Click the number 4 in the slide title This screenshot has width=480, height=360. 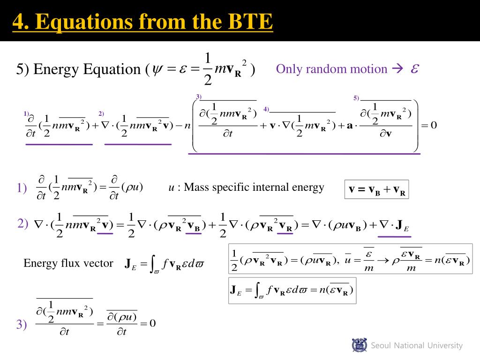pos(17,22)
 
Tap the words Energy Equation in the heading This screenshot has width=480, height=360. pos(86,69)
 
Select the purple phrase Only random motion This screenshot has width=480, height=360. pos(331,69)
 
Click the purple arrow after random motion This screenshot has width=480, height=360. pos(397,69)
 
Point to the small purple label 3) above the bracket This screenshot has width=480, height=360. pos(199,97)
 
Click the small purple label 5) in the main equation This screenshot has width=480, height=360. pos(356,98)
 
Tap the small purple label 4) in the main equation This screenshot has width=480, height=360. pos(266,109)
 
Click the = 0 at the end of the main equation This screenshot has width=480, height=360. pos(430,125)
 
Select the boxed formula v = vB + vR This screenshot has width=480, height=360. pos(376,189)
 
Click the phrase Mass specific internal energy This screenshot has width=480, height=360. pos(254,187)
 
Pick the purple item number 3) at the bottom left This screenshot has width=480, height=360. pos(22,324)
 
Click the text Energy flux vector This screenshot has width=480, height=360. pos(68,263)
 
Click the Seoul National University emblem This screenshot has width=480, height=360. pos(360,345)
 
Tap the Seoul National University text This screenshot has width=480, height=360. pos(416,345)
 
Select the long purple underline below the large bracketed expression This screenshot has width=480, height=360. pos(304,154)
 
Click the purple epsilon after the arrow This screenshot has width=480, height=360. pos(414,69)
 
